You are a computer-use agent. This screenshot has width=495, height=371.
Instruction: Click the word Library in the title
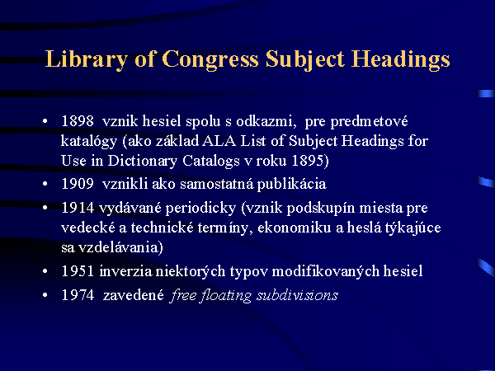coord(86,59)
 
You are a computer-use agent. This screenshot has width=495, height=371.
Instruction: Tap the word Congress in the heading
coord(210,59)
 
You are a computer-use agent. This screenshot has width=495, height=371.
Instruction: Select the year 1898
coord(78,121)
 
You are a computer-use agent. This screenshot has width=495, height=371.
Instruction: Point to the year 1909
coord(78,184)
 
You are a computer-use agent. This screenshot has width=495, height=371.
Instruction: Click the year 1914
coord(78,208)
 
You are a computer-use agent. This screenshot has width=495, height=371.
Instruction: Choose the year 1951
coord(78,271)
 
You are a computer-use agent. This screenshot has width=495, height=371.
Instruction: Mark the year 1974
coord(78,295)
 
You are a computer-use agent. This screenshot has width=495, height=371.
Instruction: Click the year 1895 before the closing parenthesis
coord(308,160)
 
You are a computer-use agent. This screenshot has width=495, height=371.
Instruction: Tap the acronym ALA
coord(219,141)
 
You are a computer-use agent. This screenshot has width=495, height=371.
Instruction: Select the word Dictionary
coord(143,161)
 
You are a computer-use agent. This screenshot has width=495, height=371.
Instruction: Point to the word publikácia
coord(292,184)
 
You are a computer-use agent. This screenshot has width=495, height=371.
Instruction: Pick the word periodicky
coord(200,209)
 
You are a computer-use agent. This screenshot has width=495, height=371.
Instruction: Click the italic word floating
coord(225,296)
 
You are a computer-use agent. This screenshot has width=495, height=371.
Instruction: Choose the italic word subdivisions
coord(297,295)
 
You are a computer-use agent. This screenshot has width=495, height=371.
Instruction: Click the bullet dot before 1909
coord(45,184)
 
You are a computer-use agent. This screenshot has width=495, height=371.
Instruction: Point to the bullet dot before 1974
coord(45,295)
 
